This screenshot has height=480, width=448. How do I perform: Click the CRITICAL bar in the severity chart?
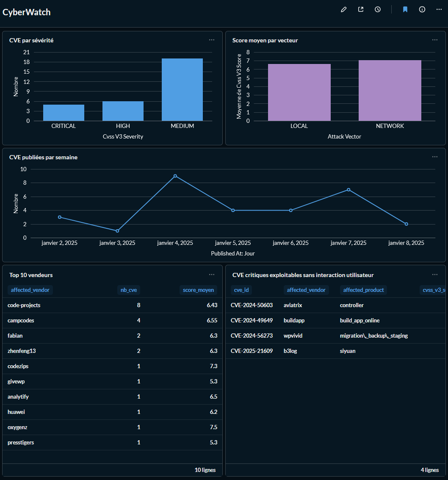point(64,113)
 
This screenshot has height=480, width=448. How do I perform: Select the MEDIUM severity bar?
point(182,90)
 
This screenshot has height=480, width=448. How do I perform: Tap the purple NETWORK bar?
point(390,91)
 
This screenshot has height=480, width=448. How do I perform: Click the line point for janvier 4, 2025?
point(175,176)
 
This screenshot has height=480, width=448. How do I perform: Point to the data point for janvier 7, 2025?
point(348,190)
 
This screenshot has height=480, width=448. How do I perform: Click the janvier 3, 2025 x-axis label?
point(117,243)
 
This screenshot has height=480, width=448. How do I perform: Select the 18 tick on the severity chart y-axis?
point(27,62)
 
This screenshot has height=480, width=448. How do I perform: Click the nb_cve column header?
point(129,290)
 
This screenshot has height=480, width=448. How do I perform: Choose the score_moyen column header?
point(198,290)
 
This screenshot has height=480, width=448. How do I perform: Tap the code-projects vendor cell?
point(24,305)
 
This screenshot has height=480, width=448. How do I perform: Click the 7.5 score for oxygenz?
point(213,427)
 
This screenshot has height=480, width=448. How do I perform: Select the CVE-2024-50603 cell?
point(252,305)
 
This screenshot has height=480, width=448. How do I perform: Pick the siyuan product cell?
point(348,351)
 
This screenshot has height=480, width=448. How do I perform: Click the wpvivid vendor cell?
point(293,336)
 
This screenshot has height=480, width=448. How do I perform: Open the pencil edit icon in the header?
point(343,9)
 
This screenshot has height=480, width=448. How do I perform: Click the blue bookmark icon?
point(405,9)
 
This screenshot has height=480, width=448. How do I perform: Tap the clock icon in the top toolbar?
point(378,9)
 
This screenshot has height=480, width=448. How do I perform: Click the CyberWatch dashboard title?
point(27,12)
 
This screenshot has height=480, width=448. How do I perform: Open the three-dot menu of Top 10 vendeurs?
point(212,275)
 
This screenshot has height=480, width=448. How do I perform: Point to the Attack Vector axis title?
point(344,137)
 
